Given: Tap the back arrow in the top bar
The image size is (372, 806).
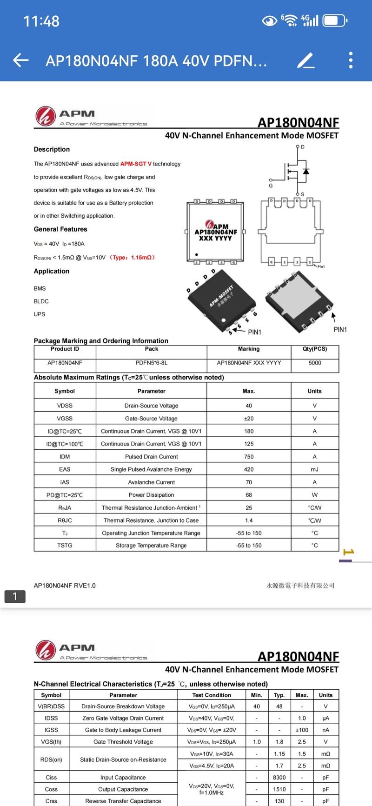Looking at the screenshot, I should [x=21, y=60].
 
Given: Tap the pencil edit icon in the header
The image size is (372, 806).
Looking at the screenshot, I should [x=306, y=60].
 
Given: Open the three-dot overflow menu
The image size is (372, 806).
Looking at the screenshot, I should [x=351, y=60].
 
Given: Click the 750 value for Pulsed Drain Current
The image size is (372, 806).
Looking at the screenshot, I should [x=249, y=457].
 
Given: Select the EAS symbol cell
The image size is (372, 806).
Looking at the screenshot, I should [x=65, y=469].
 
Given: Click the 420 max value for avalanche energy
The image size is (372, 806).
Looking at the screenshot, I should [x=249, y=469].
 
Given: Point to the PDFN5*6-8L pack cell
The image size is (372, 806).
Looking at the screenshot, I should [x=152, y=363].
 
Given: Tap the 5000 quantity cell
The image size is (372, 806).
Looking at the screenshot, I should [x=315, y=363].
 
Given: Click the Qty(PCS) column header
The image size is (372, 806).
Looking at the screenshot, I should [x=315, y=349].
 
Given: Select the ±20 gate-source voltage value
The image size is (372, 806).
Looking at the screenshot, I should [x=249, y=419].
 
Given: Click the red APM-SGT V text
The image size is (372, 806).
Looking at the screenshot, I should [x=136, y=164].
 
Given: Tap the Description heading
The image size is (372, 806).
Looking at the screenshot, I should [x=52, y=149].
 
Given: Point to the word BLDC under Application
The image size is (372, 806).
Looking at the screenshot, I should [x=41, y=301].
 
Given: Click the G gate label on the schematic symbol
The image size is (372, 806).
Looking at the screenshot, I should [x=271, y=186].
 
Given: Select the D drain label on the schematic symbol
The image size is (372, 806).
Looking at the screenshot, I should [x=303, y=147].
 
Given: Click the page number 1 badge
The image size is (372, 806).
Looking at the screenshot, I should [x=15, y=596].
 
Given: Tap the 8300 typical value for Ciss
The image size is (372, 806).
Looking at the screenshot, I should [x=279, y=777].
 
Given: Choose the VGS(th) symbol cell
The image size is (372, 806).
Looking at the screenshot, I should [x=51, y=742].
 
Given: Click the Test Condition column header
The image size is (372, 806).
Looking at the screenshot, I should [x=212, y=695].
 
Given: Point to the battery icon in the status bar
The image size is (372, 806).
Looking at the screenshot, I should [x=334, y=21].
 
